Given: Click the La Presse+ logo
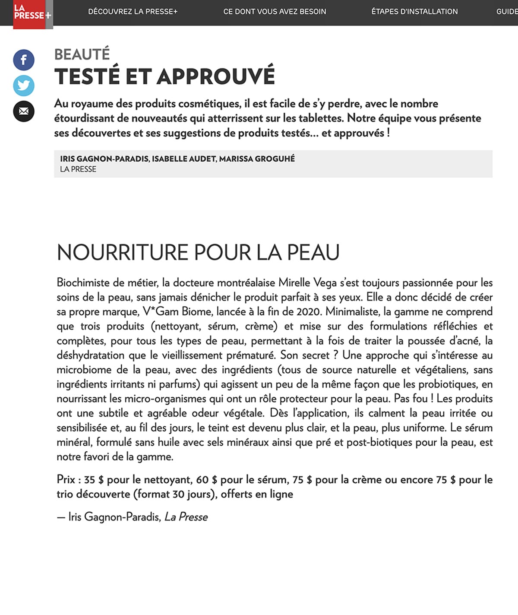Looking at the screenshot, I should tap(32, 13).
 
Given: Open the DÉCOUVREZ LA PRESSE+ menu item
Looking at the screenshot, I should tap(133, 12).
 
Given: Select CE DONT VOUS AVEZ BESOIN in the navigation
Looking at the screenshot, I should tap(275, 12).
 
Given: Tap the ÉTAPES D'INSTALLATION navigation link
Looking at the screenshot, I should tap(414, 12).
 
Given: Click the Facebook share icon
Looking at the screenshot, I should tap(24, 60).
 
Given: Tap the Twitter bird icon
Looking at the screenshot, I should tap(24, 86).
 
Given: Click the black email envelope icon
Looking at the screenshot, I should tap(24, 111).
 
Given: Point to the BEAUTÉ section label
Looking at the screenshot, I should tap(82, 54).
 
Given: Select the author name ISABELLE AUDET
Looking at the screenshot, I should tap(183, 159).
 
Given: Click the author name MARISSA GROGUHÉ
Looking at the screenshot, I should tap(257, 159).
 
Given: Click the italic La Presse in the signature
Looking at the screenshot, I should tap(186, 517).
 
